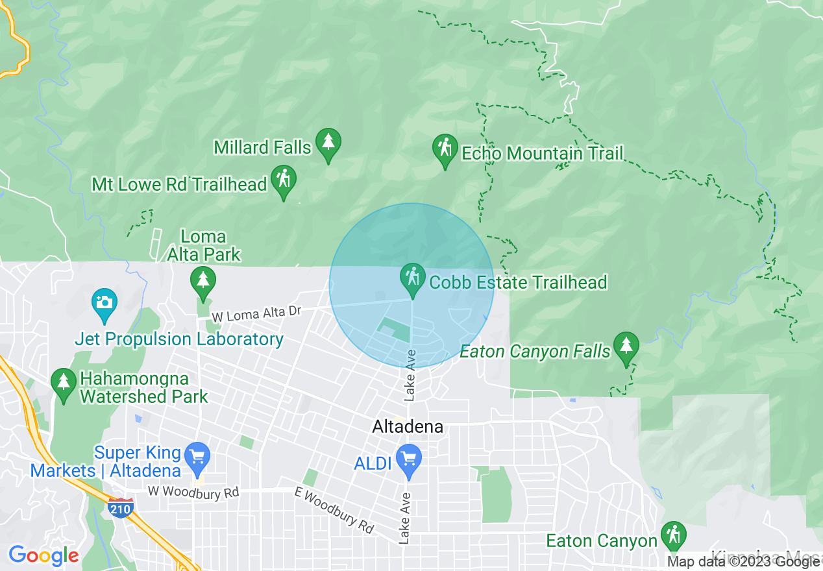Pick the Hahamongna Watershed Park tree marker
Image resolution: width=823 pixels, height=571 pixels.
[64, 383]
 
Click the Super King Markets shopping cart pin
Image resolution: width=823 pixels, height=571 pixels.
[197, 458]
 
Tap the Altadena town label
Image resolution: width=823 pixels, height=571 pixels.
[408, 426]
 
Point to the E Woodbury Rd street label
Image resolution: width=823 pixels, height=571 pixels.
[335, 510]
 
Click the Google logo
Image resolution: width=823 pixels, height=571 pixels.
[43, 555]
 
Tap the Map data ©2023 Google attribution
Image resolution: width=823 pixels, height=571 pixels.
[744, 562]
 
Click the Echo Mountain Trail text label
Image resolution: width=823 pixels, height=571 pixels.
[542, 153]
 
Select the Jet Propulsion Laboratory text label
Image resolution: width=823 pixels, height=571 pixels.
[179, 339]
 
